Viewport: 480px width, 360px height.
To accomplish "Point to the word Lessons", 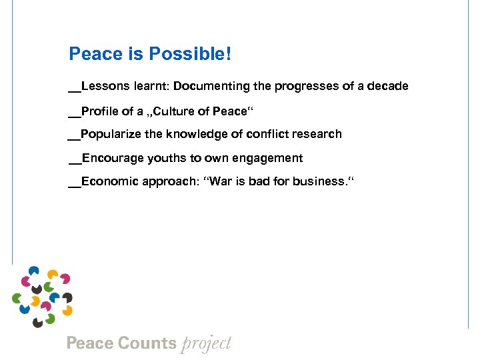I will pos(103,87).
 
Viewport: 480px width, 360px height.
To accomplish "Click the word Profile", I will pos(99,111).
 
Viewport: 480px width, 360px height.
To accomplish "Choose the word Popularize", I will pos(111,134).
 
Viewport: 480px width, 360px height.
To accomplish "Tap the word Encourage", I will pos(110,158).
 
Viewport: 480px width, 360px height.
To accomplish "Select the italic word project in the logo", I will pos(206,344).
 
